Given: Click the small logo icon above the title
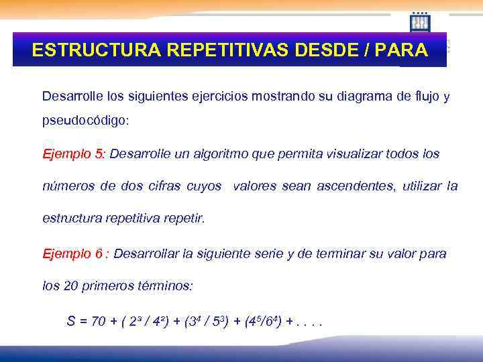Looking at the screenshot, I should (420, 22).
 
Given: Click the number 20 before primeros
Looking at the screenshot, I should (70, 286).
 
